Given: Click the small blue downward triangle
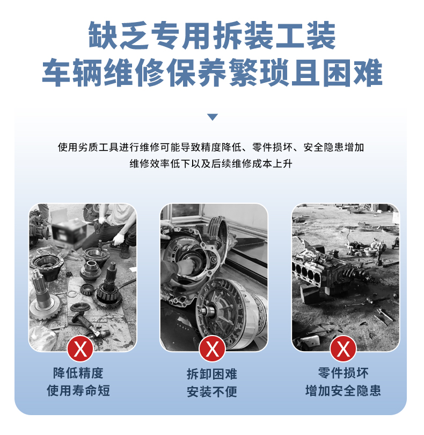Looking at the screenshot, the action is pos(213,117).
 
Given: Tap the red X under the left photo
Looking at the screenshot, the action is pos(81,349).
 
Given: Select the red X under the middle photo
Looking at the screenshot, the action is pos(212,349).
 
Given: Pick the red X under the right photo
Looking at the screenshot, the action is pos(343,349).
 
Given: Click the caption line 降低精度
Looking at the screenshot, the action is pos(78,373).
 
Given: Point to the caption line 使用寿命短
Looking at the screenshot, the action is pos(78,390).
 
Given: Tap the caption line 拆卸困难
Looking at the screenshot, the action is pos(212,374).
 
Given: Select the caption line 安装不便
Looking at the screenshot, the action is pos(212,392).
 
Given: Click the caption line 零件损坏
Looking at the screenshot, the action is pos(343,373).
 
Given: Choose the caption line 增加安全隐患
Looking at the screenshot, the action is pos(343,390).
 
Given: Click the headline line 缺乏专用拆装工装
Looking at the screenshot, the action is pos(212,35).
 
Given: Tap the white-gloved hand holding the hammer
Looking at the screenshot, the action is pos(119,239).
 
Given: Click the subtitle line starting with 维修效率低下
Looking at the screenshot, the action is pos(211,163).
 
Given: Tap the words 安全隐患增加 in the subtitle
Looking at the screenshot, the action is pos(334,147).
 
